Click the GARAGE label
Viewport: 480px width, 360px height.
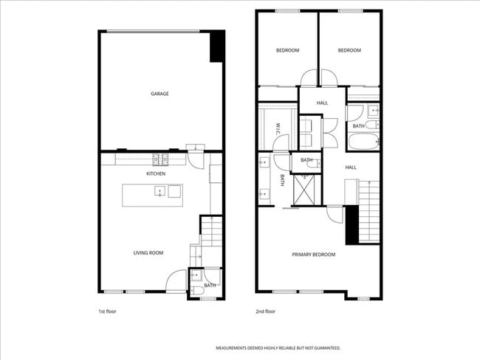click(160, 94)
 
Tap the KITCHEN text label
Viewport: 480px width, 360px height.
click(155, 173)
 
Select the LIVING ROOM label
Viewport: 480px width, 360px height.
click(148, 253)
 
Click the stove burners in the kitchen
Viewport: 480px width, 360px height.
click(162, 159)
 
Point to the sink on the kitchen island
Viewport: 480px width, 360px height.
click(159, 192)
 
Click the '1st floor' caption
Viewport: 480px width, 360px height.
click(107, 311)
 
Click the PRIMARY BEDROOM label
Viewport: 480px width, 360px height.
click(313, 255)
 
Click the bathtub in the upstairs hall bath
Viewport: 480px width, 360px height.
click(363, 142)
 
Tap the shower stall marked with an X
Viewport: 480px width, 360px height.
click(304, 190)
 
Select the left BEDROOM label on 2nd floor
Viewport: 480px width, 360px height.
click(287, 50)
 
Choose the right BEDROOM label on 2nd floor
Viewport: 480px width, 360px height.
click(349, 50)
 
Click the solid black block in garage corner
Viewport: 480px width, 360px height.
click(217, 46)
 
